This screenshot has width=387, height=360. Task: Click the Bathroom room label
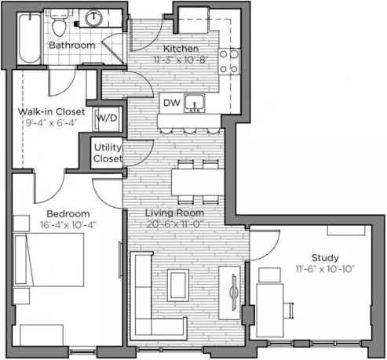(72, 45)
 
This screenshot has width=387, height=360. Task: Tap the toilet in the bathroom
(59, 23)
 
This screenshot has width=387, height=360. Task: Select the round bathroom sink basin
(93, 18)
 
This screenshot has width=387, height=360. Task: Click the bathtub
(30, 38)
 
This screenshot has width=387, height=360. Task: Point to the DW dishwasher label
(172, 103)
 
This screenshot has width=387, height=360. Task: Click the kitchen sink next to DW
(195, 104)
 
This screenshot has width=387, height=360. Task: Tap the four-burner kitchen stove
(229, 62)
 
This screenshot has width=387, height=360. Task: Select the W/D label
(107, 118)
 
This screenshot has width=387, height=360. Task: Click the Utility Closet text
(108, 153)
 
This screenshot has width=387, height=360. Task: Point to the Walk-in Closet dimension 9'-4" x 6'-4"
(51, 122)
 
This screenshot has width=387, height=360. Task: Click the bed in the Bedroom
(49, 260)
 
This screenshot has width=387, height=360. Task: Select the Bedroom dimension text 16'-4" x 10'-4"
(68, 225)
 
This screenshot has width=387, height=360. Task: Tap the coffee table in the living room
(178, 285)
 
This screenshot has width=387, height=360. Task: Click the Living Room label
(174, 213)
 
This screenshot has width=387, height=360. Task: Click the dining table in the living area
(198, 182)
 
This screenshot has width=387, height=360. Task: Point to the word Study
(325, 258)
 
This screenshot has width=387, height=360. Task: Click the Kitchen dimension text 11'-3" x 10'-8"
(181, 60)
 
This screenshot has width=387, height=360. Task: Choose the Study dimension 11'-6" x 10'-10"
(325, 269)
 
